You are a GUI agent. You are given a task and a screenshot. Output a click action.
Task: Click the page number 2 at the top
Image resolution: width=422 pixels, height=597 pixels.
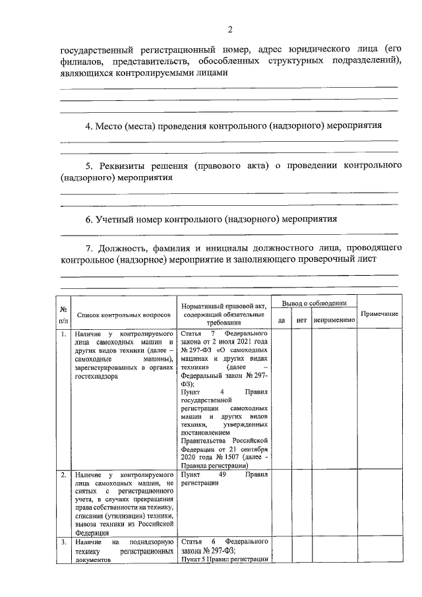tap(229, 29)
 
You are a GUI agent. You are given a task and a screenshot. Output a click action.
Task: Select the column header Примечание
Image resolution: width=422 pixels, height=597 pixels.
tap(379, 313)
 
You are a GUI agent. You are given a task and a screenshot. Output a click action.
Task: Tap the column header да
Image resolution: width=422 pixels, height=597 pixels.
tap(281, 320)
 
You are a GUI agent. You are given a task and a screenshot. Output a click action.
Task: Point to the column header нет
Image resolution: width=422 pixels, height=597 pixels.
tap(301, 320)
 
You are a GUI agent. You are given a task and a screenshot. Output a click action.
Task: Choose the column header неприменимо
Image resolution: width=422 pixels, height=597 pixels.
tap(334, 320)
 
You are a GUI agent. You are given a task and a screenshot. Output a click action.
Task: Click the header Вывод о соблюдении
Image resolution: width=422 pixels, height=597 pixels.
tap(314, 303)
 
